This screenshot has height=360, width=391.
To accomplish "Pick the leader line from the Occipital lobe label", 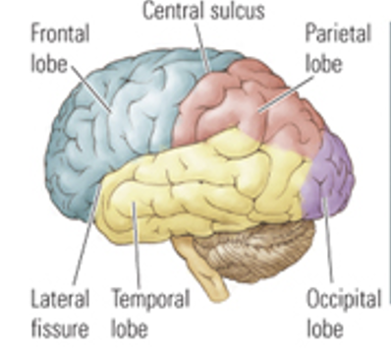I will point(325,236).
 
